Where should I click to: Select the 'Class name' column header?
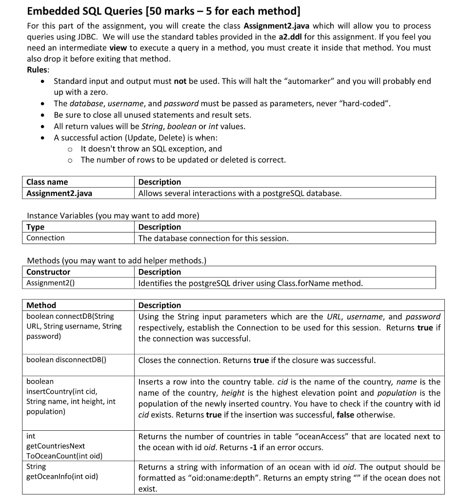point(47,182)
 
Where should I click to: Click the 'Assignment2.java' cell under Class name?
point(59,193)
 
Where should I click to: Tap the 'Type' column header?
point(35,227)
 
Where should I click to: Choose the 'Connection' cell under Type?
point(45,238)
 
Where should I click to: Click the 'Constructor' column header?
point(48,272)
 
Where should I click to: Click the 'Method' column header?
point(41,305)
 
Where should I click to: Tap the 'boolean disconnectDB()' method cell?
point(66,360)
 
